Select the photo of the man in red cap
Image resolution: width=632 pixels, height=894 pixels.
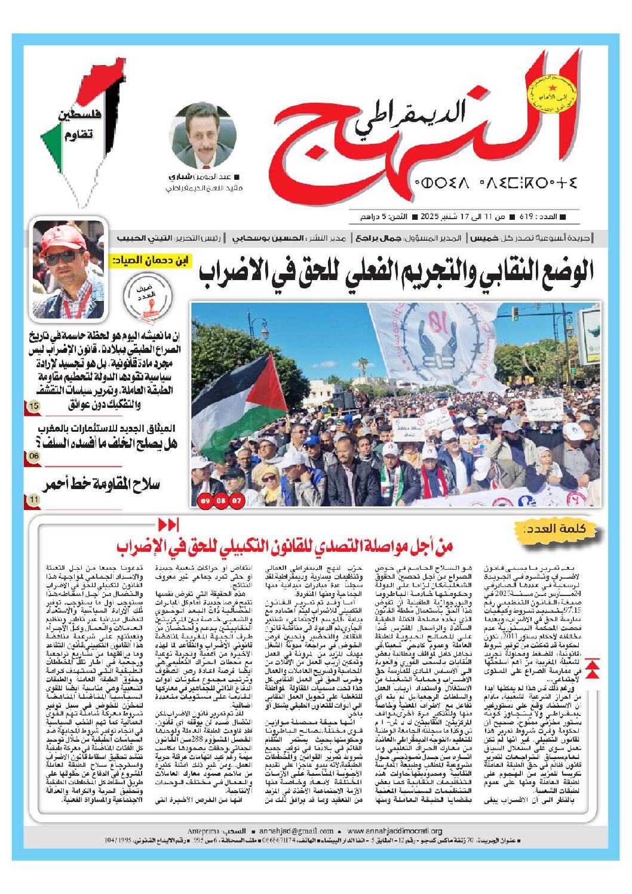coord(69,269)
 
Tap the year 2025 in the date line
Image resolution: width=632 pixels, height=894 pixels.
coord(430,216)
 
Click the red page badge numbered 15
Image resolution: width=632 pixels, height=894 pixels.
coord(33,407)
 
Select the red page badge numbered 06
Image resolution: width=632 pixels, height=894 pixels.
coord(33,457)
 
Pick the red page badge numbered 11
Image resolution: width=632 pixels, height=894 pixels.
coord(33,499)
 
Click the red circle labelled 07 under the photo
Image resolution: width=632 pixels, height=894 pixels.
coord(237,500)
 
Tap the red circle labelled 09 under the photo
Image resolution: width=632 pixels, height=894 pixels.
coord(205,500)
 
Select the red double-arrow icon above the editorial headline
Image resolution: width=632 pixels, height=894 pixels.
coord(168,525)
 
